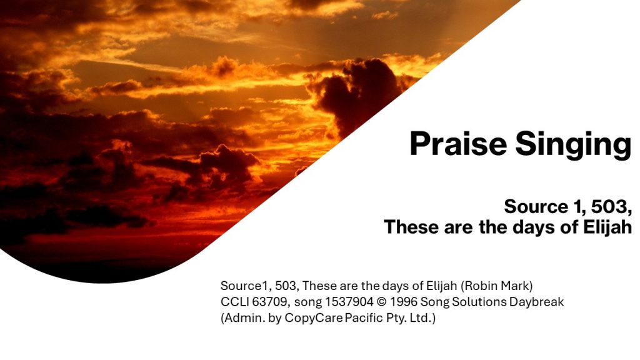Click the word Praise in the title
[458, 144]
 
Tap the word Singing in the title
[573, 145]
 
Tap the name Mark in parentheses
[517, 286]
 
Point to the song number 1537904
[349, 302]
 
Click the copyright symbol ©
[381, 302]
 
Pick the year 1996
[403, 302]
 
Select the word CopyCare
[314, 318]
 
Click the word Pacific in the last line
[364, 317]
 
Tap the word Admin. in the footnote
[243, 317]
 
